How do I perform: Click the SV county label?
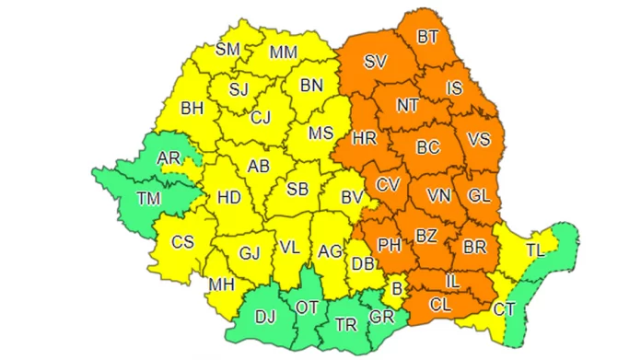coord(374,64)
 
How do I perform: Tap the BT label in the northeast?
coord(427,38)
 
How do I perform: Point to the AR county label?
coord(169,159)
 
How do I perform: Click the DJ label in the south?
coord(265,318)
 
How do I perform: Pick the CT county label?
coord(504,309)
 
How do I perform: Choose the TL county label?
coord(536,249)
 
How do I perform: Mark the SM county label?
coord(227,50)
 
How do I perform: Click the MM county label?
coord(283,52)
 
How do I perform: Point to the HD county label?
coord(227,196)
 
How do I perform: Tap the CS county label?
coord(182,242)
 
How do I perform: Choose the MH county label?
coord(221,285)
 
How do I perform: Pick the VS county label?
coord(479,140)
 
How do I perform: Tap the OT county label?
coord(307,307)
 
